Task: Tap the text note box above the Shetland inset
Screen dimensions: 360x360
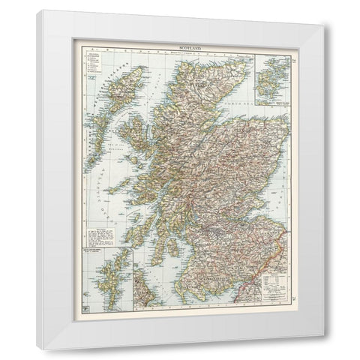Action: pos(102,239)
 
